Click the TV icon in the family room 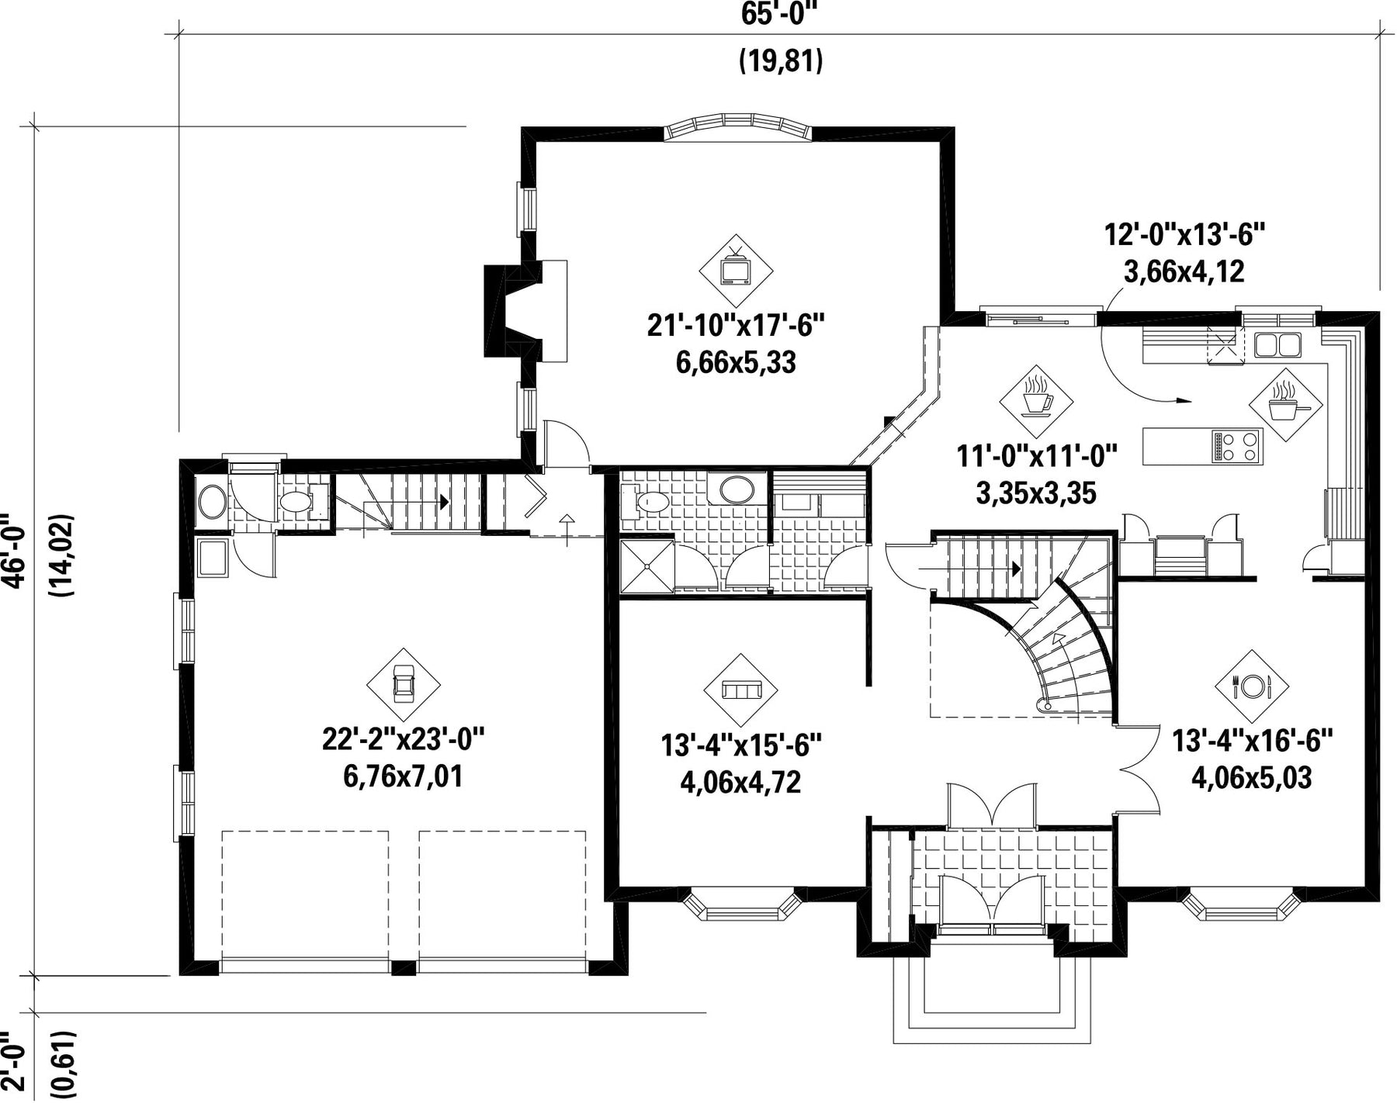point(735,271)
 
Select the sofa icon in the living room point(741,690)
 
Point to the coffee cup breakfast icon point(1036,401)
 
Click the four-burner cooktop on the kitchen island point(1236,447)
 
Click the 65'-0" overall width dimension point(780,14)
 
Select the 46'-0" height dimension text point(15,551)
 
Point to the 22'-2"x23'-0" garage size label point(403,739)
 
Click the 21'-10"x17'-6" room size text point(735,326)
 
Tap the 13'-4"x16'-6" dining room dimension point(1251,740)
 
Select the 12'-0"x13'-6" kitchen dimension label point(1184,233)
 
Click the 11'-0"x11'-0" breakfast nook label point(1036,455)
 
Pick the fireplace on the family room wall point(525,310)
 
